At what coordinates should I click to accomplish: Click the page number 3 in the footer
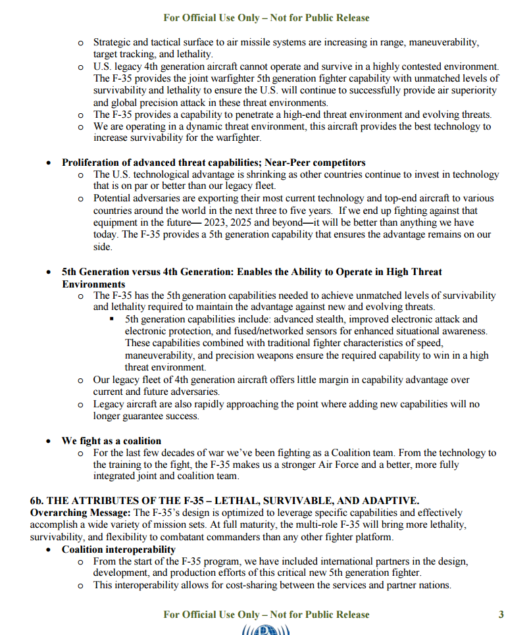tap(501, 615)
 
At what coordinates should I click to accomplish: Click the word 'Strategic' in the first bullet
tap(114, 42)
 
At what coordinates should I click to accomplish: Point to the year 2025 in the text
tap(234, 222)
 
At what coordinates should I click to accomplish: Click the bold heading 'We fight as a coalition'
tap(111, 440)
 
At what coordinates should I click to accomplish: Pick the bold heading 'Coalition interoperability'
tap(118, 549)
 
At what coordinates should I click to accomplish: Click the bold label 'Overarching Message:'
tap(80, 512)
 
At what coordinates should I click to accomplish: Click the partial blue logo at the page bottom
tap(266, 630)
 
